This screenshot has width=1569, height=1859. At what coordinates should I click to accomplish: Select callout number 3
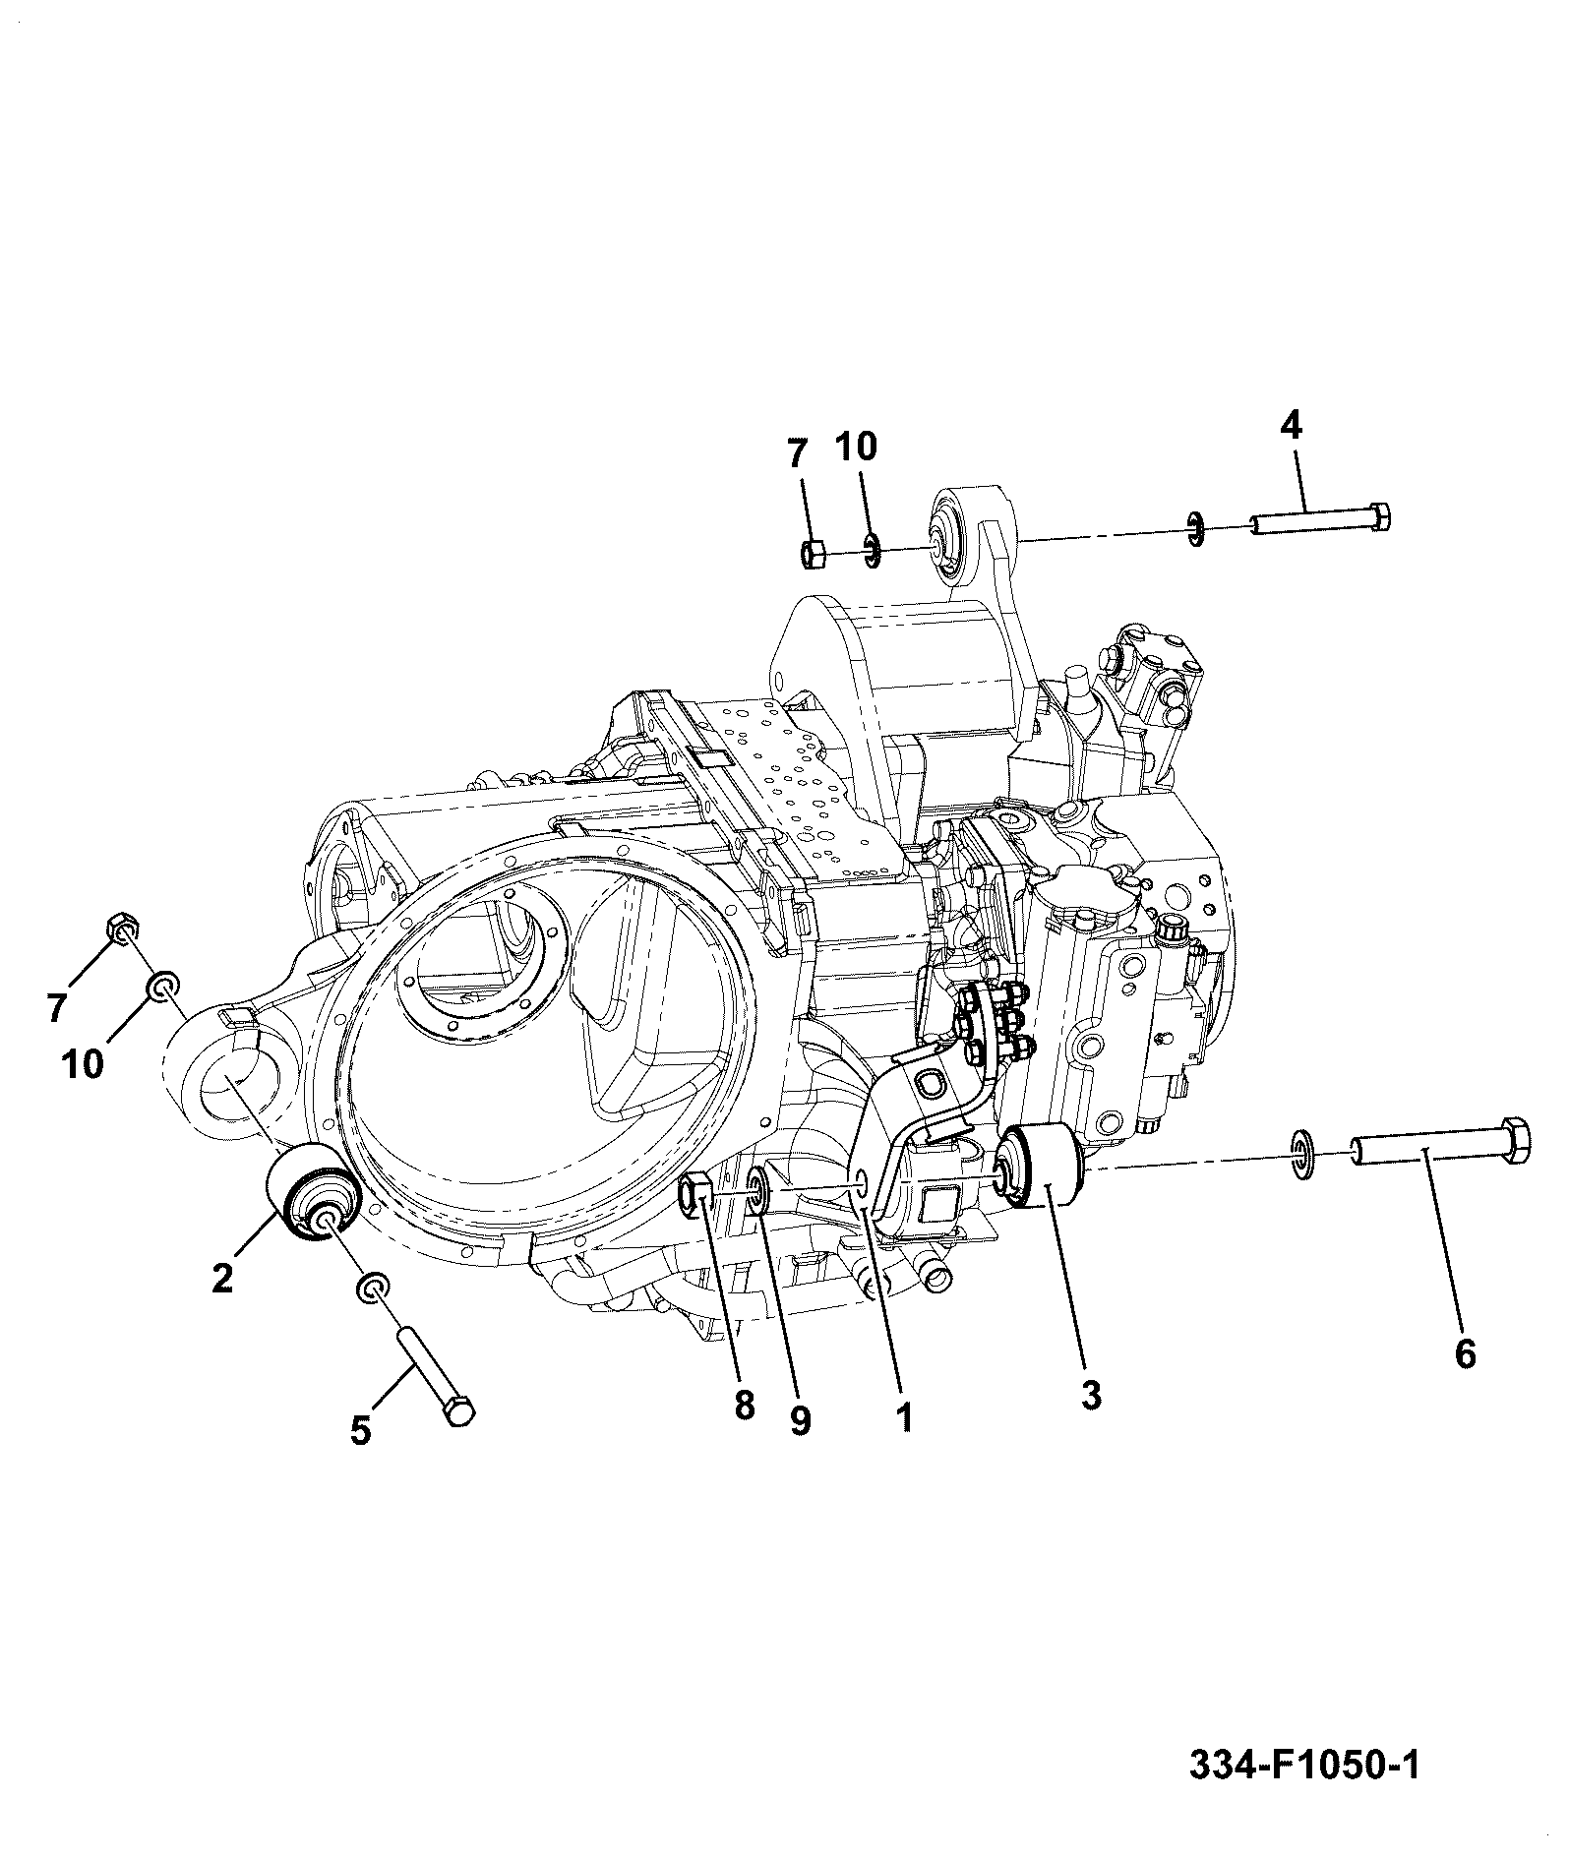point(1090,1394)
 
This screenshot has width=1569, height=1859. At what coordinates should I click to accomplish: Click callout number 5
point(361,1429)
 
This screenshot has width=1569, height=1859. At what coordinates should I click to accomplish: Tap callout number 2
point(222,1278)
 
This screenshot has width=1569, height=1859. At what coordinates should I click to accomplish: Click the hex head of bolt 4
point(1379,516)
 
